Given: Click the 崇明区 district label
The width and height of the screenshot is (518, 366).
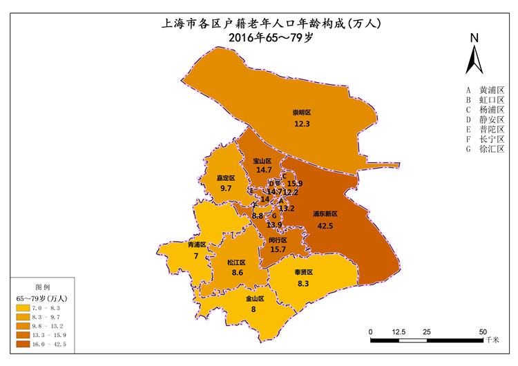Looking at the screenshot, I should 302,113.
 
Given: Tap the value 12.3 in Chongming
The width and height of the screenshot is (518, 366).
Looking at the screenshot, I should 302,124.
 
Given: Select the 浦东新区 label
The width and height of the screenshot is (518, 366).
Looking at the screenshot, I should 326,214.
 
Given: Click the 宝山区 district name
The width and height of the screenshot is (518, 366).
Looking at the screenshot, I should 262,160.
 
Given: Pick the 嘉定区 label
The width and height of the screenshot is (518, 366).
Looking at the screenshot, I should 225,177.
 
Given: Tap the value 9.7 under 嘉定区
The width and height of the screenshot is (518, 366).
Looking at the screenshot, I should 226,189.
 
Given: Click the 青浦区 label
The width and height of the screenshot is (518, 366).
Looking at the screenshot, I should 197,244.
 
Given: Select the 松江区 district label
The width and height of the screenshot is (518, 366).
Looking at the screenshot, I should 236,262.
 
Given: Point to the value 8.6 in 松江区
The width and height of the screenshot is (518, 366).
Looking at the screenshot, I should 237,273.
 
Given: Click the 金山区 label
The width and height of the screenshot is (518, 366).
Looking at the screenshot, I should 256,299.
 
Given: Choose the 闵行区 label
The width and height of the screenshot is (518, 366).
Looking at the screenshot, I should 278,240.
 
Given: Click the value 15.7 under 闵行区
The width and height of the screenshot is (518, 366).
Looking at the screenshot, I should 278,249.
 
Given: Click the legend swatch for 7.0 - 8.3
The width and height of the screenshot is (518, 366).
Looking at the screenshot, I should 23,308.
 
